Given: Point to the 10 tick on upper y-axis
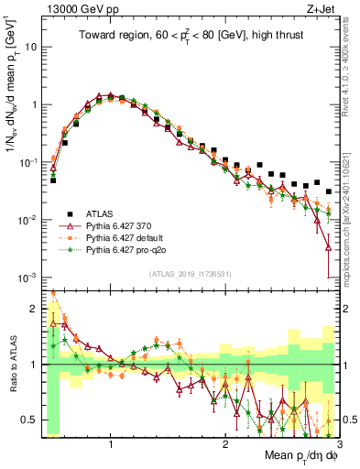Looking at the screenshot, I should tap(32, 46).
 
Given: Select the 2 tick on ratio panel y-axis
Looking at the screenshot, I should tap(34, 309).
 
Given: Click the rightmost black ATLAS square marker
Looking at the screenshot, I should tap(329, 191).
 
